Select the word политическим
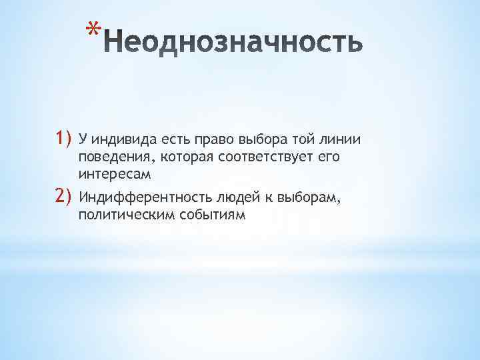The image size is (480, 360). click(127, 215)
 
